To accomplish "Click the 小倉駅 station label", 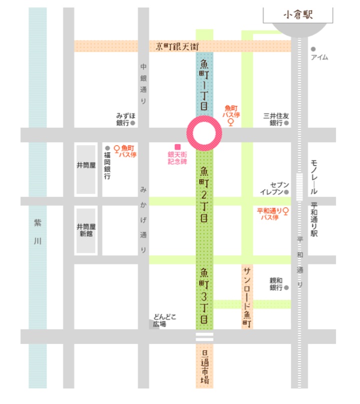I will click(298, 15).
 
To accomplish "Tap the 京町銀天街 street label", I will click(177, 46).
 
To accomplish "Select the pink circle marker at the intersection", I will click(204, 134).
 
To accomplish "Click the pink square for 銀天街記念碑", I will click(177, 147).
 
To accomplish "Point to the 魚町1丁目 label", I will click(204, 85).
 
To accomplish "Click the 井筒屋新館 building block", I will click(86, 230).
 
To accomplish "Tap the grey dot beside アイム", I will click(313, 49).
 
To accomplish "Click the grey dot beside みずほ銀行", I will click(133, 123).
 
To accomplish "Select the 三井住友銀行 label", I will click(275, 119).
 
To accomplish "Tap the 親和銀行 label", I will click(276, 284).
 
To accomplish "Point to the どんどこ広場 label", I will click(165, 320).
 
